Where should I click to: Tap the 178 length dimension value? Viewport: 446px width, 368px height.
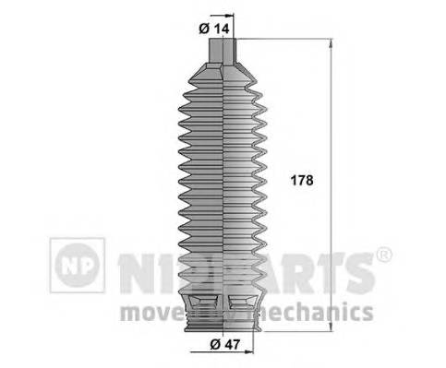[x=300, y=182]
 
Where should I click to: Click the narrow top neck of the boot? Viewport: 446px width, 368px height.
[x=227, y=52]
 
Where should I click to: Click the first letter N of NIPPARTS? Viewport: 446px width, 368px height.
[x=132, y=267]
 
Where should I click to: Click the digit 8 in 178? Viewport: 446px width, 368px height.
[x=308, y=182]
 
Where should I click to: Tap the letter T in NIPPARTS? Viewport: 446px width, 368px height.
[x=326, y=267]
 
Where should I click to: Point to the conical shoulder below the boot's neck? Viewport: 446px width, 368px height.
[x=227, y=74]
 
